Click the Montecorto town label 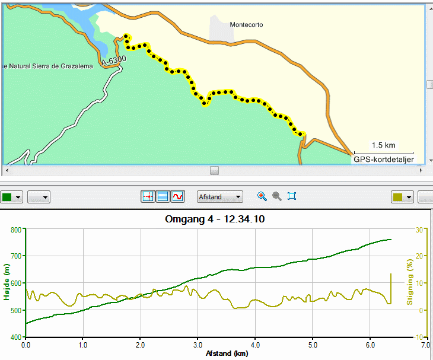246,24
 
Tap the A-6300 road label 114,60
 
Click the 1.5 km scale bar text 383,145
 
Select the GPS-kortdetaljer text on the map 384,160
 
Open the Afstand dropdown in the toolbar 220,197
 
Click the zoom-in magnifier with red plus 262,196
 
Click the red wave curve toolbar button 177,196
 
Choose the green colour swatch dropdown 11,197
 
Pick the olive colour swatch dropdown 402,197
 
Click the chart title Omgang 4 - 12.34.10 215,219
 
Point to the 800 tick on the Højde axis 16,230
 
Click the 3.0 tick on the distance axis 198,345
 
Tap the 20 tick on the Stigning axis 419,256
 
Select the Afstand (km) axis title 227,353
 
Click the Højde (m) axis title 7,282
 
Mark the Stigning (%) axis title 409,282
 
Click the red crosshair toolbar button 148,196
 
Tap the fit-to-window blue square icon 292,196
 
